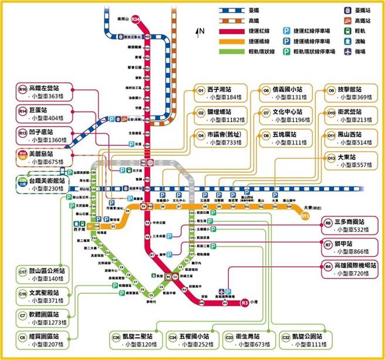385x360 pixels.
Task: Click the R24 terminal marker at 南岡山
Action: coord(136,19)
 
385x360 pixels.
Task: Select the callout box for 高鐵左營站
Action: coord(45,92)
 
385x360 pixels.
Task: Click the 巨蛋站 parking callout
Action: coord(45,114)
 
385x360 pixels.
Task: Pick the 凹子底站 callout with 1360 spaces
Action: coord(45,136)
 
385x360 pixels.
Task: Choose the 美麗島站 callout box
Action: coord(45,158)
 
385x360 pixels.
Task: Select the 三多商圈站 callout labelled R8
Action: coord(350,226)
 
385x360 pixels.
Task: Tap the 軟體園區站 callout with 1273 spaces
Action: coord(45,318)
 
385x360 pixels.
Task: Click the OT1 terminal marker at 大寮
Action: coord(305,216)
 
